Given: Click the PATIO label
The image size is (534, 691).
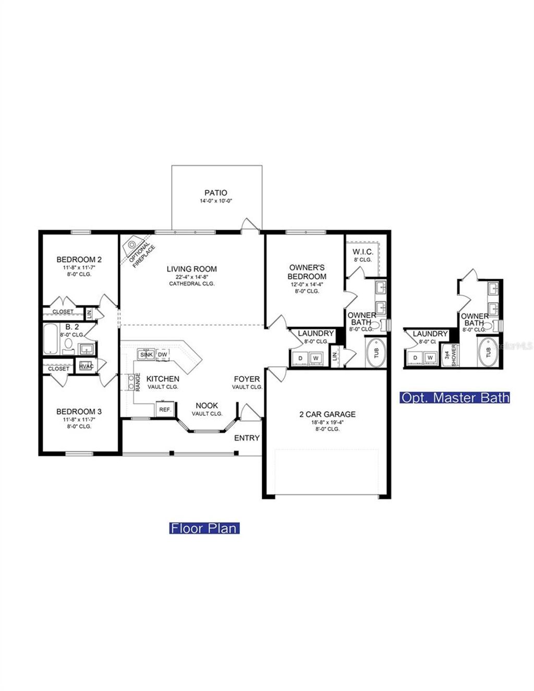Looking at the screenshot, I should click(215, 193).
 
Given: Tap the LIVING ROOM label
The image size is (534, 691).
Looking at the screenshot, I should click(191, 269).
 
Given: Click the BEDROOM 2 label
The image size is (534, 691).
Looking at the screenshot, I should click(79, 260).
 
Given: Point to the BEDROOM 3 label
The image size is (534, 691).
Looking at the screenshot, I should click(79, 412).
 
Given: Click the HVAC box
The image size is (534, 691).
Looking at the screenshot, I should click(86, 366).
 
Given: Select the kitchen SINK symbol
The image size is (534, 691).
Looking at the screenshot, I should click(147, 355).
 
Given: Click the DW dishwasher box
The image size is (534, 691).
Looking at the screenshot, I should click(163, 355).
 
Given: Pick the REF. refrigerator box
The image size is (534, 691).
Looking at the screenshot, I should click(165, 410).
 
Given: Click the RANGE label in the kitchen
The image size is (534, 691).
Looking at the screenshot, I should click(138, 382).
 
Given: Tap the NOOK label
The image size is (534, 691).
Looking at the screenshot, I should click(207, 405).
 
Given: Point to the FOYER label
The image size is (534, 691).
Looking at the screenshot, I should click(247, 379).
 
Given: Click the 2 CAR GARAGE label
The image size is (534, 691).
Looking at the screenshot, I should click(327, 414).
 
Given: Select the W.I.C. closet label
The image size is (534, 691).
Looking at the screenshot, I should click(362, 252).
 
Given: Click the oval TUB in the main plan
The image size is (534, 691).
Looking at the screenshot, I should click(376, 353).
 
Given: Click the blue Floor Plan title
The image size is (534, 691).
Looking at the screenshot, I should click(204, 528).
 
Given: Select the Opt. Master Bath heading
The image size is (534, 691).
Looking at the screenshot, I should click(455, 398).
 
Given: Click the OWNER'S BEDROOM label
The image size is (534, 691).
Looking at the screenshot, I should click(307, 272).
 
